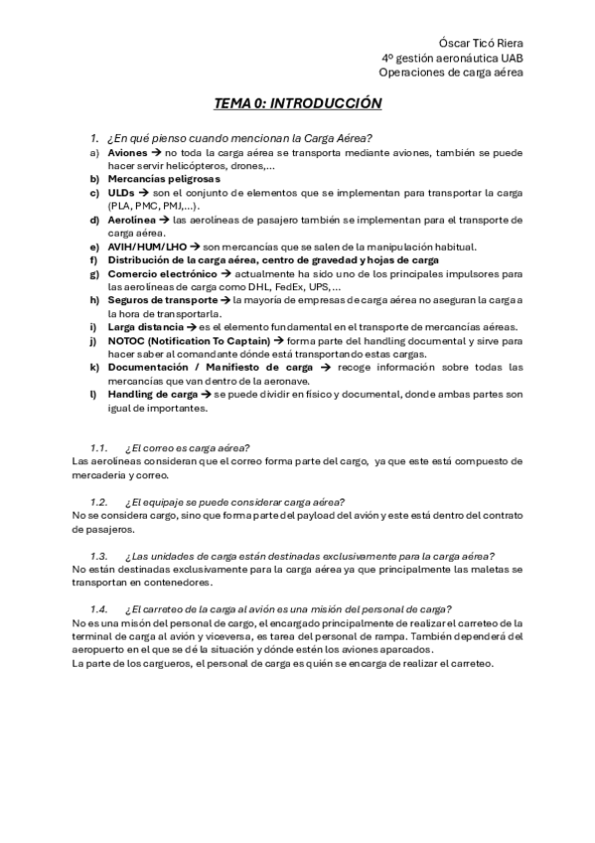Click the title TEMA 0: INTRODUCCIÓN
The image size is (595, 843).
(x=297, y=103)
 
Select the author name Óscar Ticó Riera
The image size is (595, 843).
(x=480, y=43)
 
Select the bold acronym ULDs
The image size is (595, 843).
(x=121, y=192)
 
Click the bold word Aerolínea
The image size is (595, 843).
(x=132, y=219)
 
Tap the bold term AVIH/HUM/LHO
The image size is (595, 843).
(x=147, y=247)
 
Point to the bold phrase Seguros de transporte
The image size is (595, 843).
(x=162, y=299)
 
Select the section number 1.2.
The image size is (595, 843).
(x=98, y=502)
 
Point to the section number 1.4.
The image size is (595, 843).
(x=98, y=608)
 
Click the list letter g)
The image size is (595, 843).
(x=94, y=272)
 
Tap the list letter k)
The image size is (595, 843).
(x=94, y=367)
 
